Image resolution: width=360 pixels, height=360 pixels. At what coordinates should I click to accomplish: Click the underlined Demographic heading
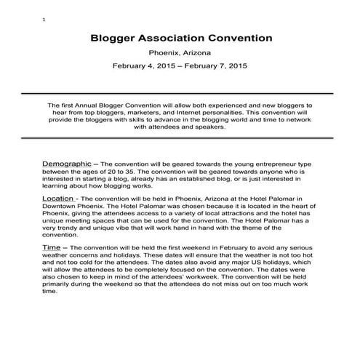[x=67, y=164]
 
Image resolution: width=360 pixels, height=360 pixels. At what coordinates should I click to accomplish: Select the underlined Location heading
[x=59, y=197]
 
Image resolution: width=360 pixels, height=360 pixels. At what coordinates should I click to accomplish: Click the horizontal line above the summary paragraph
[x=180, y=94]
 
